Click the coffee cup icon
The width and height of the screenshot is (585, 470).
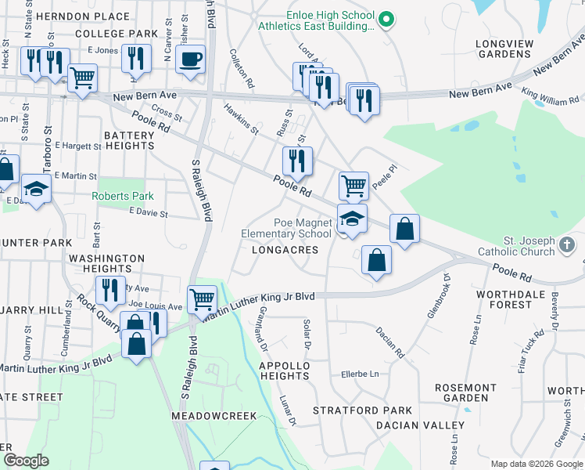coord(190,59)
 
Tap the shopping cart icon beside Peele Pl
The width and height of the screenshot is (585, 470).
coord(354,186)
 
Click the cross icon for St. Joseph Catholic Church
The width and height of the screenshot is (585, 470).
coord(567,246)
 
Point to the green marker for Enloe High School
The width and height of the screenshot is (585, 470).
coord(385,18)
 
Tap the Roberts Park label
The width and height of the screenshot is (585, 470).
coord(123,196)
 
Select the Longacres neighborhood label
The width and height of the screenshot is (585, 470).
coord(285,250)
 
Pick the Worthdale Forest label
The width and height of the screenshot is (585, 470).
coord(515,299)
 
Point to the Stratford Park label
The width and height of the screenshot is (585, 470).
coord(362,410)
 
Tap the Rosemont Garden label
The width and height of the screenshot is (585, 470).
coord(465,393)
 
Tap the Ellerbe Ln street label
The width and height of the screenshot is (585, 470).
coord(359,374)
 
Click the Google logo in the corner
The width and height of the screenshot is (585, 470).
coord(26,461)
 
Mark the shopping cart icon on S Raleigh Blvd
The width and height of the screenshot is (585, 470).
coord(202,298)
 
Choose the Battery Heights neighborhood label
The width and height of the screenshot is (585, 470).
coord(129,140)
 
